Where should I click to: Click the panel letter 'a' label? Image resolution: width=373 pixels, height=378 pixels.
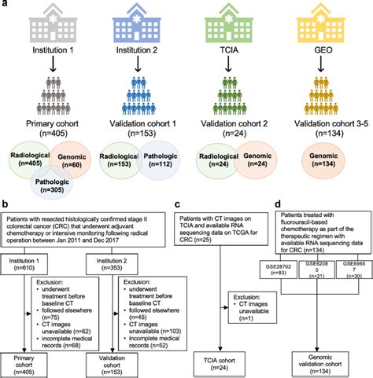(x=6, y=6)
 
